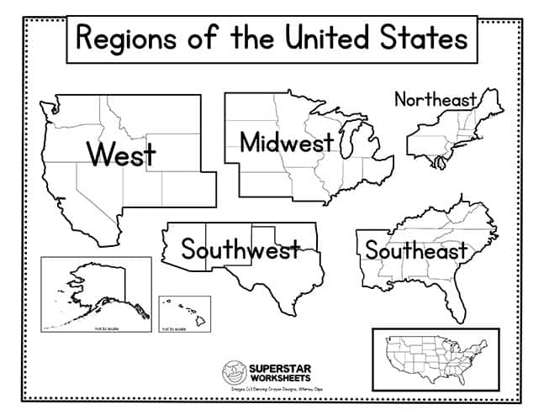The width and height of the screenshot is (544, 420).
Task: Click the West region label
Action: [121, 155]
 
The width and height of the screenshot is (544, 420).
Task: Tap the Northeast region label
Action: [435, 100]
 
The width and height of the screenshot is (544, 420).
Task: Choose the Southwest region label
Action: [240, 249]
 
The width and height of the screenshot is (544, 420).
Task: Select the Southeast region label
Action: [415, 250]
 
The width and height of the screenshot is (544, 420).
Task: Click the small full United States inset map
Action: [435, 358]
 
